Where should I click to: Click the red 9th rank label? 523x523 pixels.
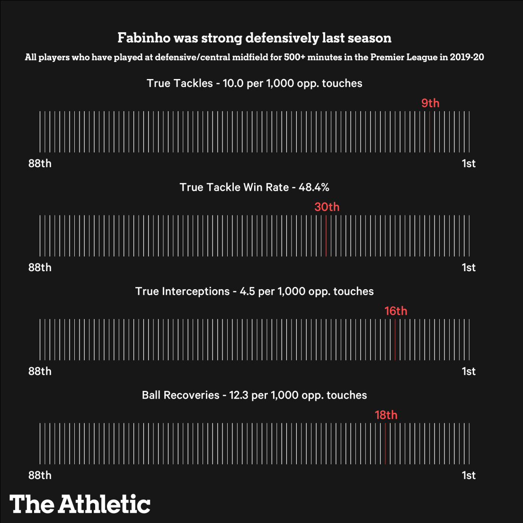point(430,103)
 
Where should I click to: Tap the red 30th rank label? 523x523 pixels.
point(327,207)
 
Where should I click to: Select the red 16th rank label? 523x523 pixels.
point(396,311)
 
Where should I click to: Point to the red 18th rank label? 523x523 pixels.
point(386,415)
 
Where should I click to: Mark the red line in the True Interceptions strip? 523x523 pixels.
point(395,339)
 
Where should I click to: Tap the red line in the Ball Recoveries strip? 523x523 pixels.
point(386,443)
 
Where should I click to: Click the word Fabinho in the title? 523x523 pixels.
point(141,38)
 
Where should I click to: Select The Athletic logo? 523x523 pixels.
point(80,504)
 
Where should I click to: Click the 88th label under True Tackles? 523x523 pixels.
point(40,164)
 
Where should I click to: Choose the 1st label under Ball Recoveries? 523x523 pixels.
point(469,476)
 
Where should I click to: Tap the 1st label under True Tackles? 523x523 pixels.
point(469,164)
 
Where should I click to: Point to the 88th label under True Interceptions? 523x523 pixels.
point(40,372)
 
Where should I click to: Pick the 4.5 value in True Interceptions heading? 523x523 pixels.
point(248,292)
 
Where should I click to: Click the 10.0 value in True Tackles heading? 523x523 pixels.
point(232,83)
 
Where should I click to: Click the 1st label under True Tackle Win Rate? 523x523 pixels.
point(469,268)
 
